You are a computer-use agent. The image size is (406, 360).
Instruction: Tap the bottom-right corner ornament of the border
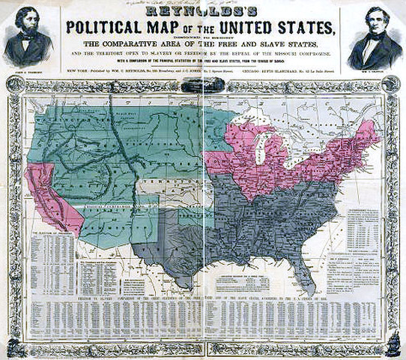click(393, 346)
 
